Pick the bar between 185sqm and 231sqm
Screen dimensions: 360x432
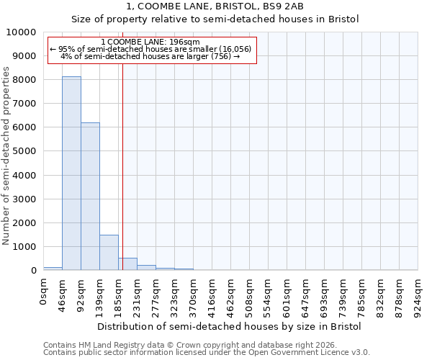[127, 264]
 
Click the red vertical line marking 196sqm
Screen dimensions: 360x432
[123, 166]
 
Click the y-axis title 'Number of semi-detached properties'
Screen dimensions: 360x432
[6, 156]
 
